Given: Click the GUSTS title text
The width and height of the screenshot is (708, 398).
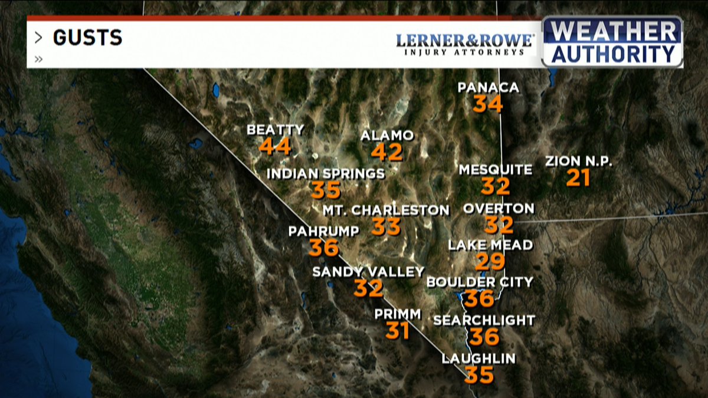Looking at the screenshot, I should pos(87,38).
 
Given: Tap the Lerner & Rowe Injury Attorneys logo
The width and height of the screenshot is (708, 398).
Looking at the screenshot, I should pos(464,44).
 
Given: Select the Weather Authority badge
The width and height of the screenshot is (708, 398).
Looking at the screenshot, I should pos(612,41).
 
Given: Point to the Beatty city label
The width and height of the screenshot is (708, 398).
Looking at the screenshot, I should pos(276,130).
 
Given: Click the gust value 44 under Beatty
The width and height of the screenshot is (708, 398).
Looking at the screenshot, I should pos(275,146).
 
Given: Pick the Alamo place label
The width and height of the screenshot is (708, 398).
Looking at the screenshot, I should pos(387,136).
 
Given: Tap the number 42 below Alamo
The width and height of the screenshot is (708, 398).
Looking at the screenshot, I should pos(387,153).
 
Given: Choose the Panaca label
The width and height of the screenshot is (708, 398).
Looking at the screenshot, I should pos(489,88).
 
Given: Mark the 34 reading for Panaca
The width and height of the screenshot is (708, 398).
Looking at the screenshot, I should pos(488,104).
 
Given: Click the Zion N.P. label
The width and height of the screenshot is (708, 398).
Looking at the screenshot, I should pos(579,161).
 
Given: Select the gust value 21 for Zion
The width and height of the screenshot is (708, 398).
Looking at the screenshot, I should pos(578,178).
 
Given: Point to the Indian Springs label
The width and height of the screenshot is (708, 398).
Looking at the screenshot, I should pos(326,174).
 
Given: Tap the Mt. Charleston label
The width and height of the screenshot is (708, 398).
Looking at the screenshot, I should pos(386,210).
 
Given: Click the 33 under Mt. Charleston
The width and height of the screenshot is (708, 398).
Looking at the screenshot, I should pos(386,227).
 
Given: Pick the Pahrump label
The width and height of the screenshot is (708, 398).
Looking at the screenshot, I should pos(323,231).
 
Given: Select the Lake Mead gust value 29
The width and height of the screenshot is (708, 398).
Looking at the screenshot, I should pos(490,261).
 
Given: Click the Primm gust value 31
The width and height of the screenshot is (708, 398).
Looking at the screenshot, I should pos(398,331).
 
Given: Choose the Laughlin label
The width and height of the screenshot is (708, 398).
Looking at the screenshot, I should pos(478,358).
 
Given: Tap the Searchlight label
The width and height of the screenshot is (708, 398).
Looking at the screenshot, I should pos(484,320).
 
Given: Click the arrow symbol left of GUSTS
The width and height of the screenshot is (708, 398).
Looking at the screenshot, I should pos(39,38).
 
